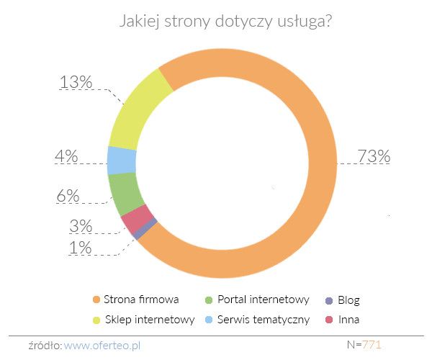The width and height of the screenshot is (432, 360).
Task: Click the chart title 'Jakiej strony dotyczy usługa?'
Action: (225, 22)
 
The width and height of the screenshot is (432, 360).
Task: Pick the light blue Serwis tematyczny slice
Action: (122, 160)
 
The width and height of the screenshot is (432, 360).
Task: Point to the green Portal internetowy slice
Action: (127, 192)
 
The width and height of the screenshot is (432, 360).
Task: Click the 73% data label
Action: (374, 156)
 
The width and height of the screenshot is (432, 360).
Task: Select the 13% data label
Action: (76, 82)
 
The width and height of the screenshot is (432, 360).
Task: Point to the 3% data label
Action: (81, 226)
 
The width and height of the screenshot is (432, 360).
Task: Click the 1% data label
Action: (81, 248)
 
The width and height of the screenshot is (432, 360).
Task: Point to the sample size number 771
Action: (372, 344)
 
